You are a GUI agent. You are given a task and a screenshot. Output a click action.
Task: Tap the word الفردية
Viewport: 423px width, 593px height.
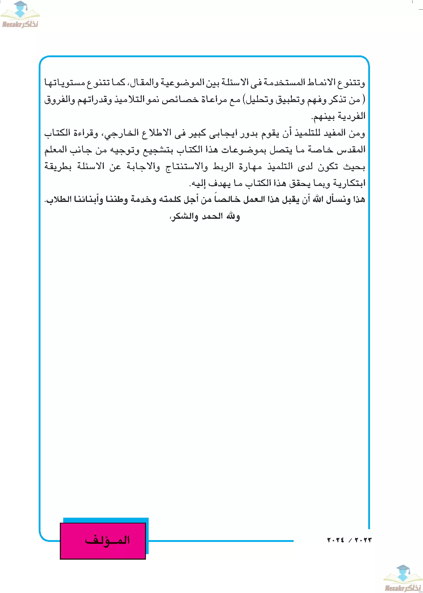(x=352, y=117)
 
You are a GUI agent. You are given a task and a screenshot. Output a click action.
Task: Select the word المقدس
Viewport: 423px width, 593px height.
(x=351, y=150)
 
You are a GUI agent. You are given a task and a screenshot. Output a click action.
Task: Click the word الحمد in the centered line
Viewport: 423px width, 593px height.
(x=212, y=216)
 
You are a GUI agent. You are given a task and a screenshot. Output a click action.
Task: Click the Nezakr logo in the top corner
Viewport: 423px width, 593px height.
(x=20, y=14)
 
